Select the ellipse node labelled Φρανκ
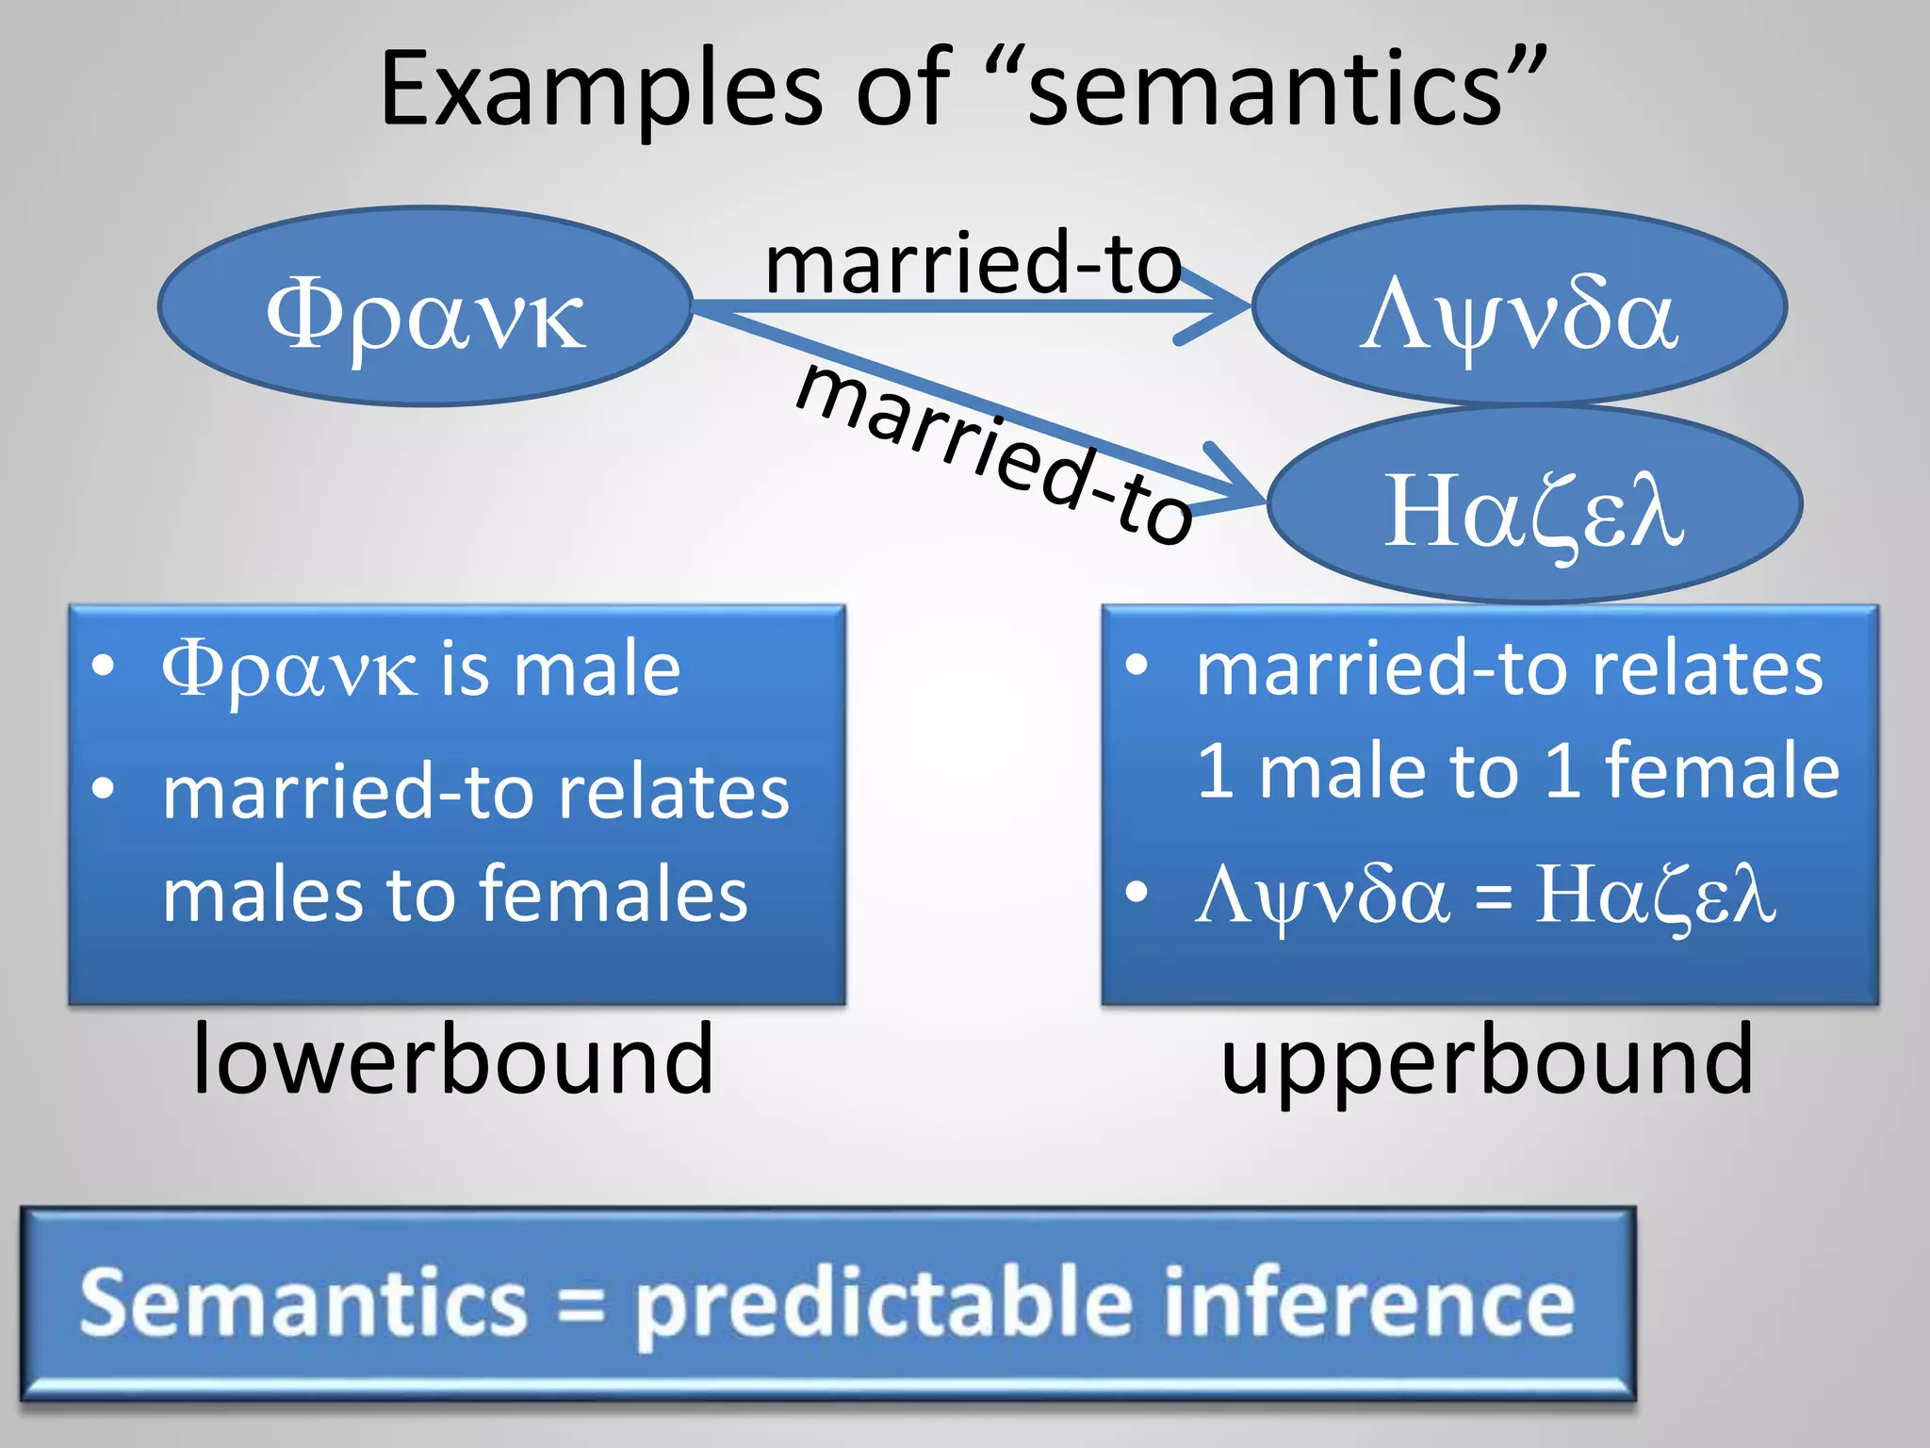pyautogui.click(x=425, y=307)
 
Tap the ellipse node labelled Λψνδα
pyautogui.click(x=1519, y=307)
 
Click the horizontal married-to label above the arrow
pyautogui.click(x=973, y=263)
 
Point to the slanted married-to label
pyautogui.click(x=994, y=453)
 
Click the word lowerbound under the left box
pyautogui.click(x=453, y=1061)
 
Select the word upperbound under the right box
pyautogui.click(x=1487, y=1061)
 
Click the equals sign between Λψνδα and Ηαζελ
pyautogui.click(x=1493, y=897)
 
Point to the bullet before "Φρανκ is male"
pyautogui.click(x=104, y=666)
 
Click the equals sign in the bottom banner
pyautogui.click(x=581, y=1306)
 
